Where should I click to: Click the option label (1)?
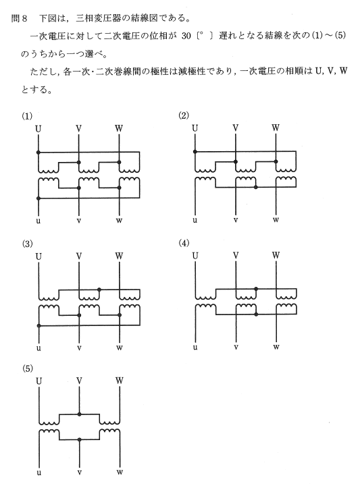tap(27, 116)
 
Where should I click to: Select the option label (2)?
tap(184, 115)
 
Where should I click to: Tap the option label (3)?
tap(27, 244)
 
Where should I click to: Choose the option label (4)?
tap(184, 243)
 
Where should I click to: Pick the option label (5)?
tap(27, 369)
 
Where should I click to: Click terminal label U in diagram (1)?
tap(38, 128)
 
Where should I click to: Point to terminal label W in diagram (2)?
tap(276, 128)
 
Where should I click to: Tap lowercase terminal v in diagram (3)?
tap(79, 348)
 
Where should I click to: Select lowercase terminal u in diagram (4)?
tap(195, 347)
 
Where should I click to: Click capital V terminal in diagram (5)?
tap(79, 381)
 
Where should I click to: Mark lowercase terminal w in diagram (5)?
tap(120, 472)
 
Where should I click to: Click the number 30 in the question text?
tap(186, 36)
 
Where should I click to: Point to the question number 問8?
tap(20, 18)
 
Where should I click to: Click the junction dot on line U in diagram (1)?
tap(38, 152)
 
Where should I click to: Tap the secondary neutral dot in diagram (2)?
tap(255, 187)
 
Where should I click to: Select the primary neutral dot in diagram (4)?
tap(256, 289)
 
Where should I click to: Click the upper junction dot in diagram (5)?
tap(80, 414)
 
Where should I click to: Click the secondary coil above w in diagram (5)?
tap(109, 432)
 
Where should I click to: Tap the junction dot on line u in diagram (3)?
tap(38, 325)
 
